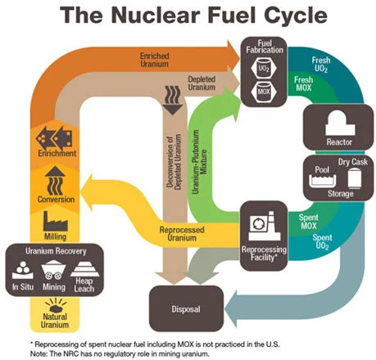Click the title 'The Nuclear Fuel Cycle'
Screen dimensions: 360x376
pyautogui.click(x=188, y=16)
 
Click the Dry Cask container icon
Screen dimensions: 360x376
pyautogui.click(x=353, y=176)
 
